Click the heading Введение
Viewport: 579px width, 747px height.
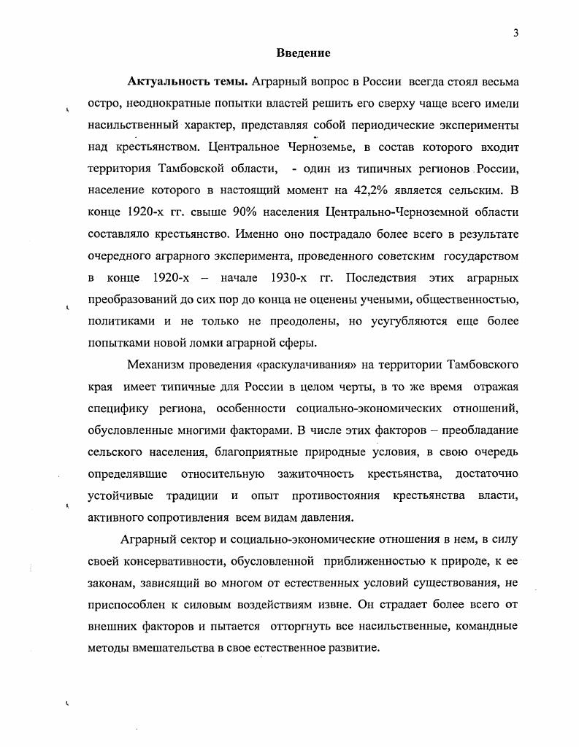pos(303,53)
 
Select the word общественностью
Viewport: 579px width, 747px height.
pos(462,300)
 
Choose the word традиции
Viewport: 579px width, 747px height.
pos(191,496)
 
